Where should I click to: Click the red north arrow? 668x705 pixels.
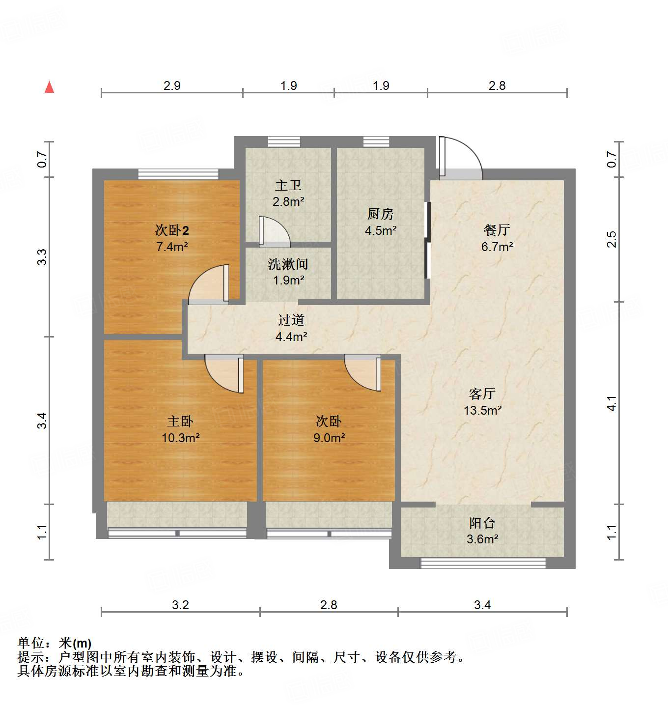click(49, 87)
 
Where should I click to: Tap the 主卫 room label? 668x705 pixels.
click(288, 185)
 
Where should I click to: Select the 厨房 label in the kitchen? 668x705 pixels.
click(380, 214)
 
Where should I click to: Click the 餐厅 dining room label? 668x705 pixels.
click(497, 229)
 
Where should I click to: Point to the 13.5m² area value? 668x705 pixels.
click(482, 410)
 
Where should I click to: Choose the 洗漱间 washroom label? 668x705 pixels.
click(288, 264)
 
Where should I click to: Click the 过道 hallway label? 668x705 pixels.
click(291, 320)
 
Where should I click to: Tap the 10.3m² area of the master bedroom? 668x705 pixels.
click(180, 438)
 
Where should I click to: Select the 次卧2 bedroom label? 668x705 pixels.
click(172, 230)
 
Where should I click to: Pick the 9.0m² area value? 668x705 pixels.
click(329, 438)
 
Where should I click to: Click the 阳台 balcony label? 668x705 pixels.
click(482, 523)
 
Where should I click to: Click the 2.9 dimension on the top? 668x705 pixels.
click(172, 85)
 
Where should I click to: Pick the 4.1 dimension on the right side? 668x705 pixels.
click(612, 403)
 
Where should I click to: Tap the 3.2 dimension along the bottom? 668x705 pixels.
click(180, 605)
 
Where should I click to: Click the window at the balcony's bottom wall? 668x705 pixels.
click(483, 563)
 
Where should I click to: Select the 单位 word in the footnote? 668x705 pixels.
click(31, 643)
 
